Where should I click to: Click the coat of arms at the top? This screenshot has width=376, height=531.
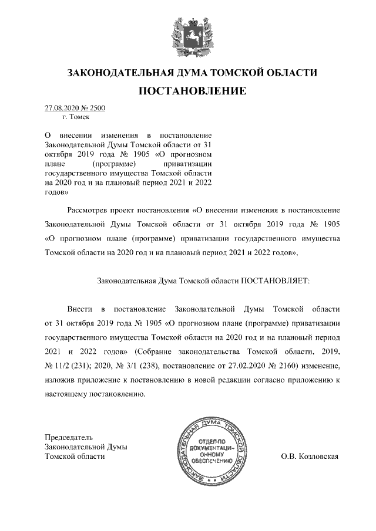click(x=187, y=35)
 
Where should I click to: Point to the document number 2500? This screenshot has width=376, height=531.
click(x=96, y=109)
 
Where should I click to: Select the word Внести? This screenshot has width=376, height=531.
click(x=79, y=308)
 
